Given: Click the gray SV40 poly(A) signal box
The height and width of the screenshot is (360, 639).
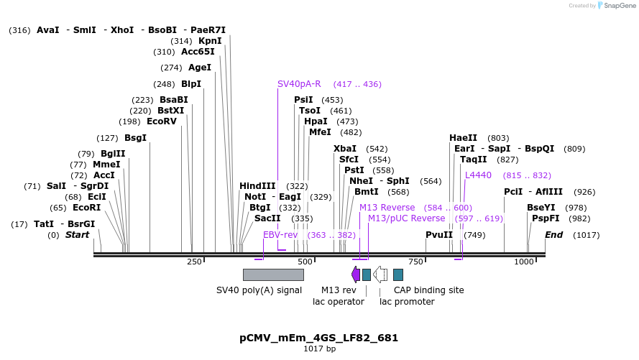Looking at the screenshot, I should (273, 274).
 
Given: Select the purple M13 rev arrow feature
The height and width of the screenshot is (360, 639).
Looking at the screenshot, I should (356, 274).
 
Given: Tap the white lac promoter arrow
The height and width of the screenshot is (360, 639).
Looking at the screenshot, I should (380, 274).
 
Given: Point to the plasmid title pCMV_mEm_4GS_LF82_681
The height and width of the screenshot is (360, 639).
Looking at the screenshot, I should (318, 338).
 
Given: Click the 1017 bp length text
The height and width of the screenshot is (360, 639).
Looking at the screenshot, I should (318, 349).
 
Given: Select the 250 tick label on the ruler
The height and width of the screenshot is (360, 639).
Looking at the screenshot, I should (194, 262).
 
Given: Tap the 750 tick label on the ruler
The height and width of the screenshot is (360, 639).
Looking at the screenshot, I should (415, 262).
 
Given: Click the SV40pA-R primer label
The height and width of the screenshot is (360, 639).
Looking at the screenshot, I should (299, 84).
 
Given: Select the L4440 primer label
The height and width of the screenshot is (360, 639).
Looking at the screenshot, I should (478, 175).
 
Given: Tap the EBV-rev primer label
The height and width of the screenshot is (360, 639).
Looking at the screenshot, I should (280, 235).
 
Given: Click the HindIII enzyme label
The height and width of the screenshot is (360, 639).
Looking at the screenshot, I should (257, 186).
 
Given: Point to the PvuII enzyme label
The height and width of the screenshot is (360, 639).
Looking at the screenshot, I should (439, 235).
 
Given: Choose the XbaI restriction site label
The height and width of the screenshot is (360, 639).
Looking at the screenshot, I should (345, 149).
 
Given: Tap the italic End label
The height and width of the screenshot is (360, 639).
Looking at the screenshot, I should (553, 235).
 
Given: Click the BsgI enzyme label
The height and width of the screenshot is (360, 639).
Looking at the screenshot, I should (135, 138).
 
